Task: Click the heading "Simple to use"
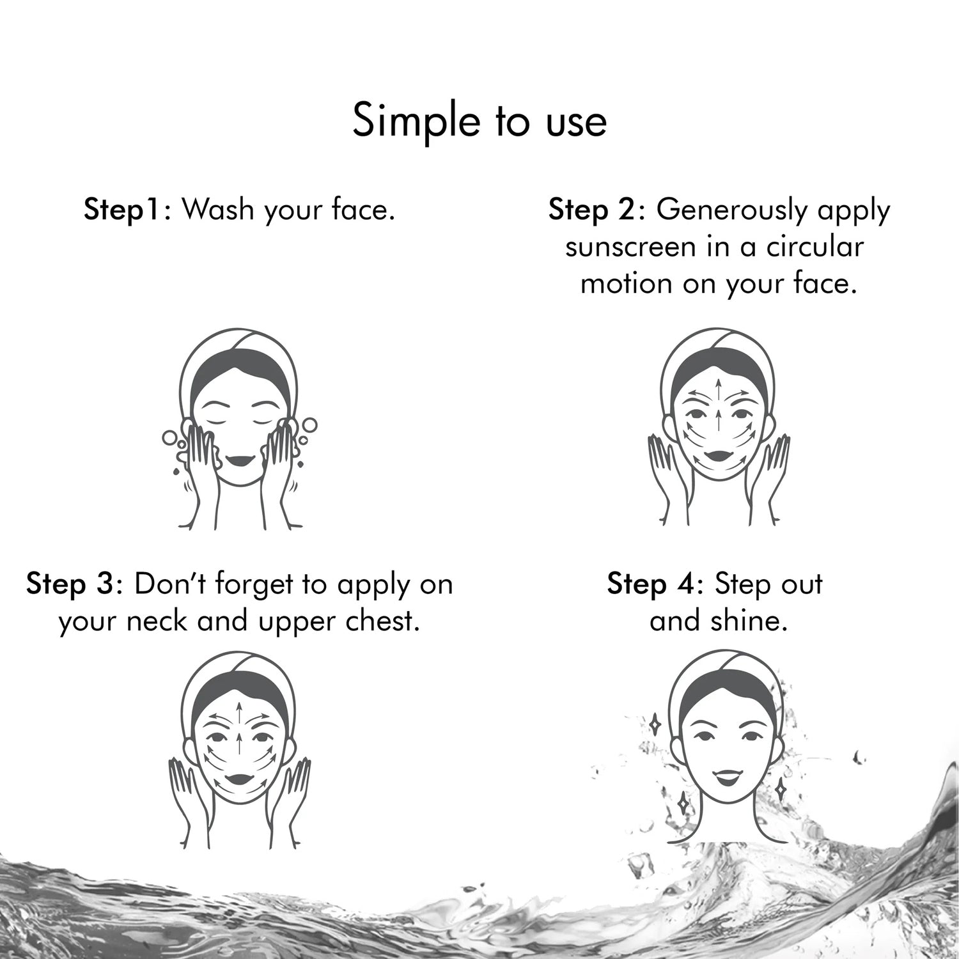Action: [479, 121]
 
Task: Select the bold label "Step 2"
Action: [591, 210]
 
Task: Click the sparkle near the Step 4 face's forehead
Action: [655, 724]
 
